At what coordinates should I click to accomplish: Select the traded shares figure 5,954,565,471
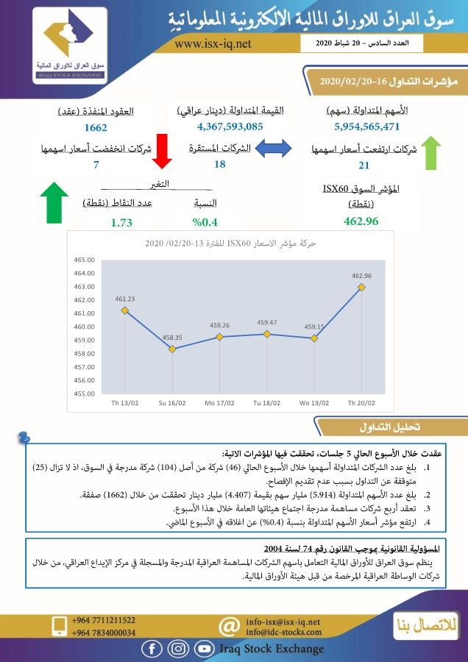coord(366,127)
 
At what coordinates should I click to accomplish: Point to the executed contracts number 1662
coord(96,128)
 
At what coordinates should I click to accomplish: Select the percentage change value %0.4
coord(205,221)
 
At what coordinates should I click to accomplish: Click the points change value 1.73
coord(121,221)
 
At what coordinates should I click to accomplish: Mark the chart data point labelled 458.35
coord(172,349)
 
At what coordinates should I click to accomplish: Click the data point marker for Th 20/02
coord(361,287)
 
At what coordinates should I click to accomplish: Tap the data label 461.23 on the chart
coord(125,299)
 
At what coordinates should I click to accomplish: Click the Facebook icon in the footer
coord(152,648)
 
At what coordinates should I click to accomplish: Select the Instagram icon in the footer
coord(177,648)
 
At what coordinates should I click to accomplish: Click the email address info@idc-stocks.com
coord(283,632)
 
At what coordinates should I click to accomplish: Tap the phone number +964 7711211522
coord(104,620)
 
